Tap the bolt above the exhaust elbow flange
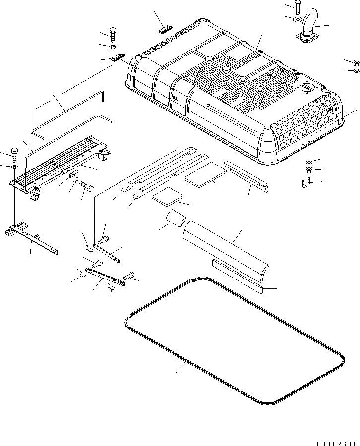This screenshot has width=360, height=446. (297, 6)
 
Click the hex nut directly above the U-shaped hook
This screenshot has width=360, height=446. (308, 170)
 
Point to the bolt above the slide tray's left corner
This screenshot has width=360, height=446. (13, 153)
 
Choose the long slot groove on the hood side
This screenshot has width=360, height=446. (232, 118)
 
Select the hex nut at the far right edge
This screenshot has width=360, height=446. (356, 63)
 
